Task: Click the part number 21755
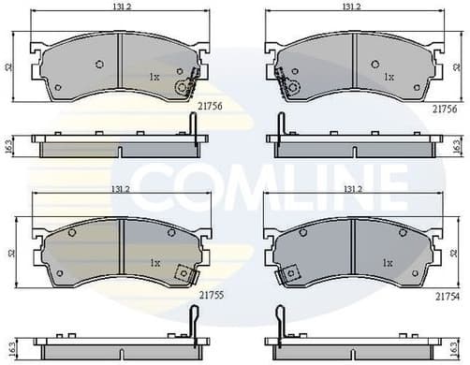pyautogui.click(x=211, y=294)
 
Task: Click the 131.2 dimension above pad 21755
pyautogui.click(x=121, y=189)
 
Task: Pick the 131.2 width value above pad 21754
pyautogui.click(x=352, y=189)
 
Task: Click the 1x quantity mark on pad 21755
pyautogui.click(x=155, y=263)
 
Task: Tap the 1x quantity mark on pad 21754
pyautogui.click(x=387, y=263)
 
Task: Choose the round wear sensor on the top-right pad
pyautogui.click(x=291, y=88)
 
